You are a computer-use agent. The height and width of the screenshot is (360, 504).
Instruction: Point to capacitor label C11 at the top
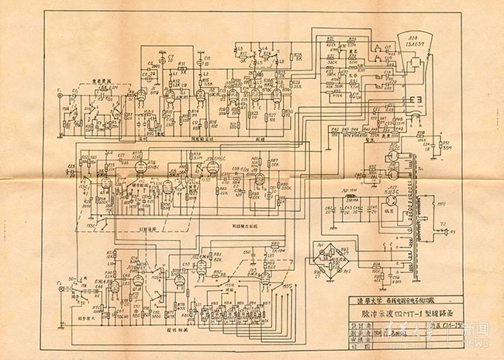(x=208, y=57)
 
